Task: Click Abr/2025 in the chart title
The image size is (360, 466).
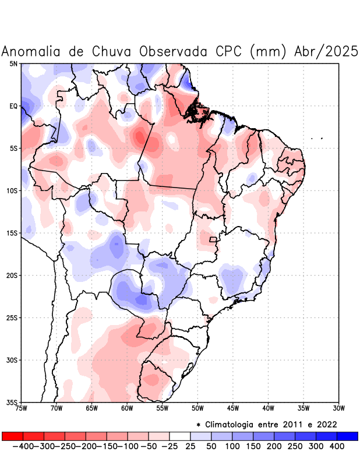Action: tap(326, 51)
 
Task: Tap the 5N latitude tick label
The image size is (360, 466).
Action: tap(13, 63)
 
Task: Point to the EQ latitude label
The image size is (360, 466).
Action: tap(13, 106)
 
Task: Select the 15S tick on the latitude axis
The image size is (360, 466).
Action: tap(12, 233)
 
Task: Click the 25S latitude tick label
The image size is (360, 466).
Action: tap(12, 318)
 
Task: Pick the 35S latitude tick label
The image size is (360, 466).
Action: tap(12, 403)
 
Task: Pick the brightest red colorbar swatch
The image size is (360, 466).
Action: tap(12, 436)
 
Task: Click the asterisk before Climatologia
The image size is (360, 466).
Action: tap(199, 424)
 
